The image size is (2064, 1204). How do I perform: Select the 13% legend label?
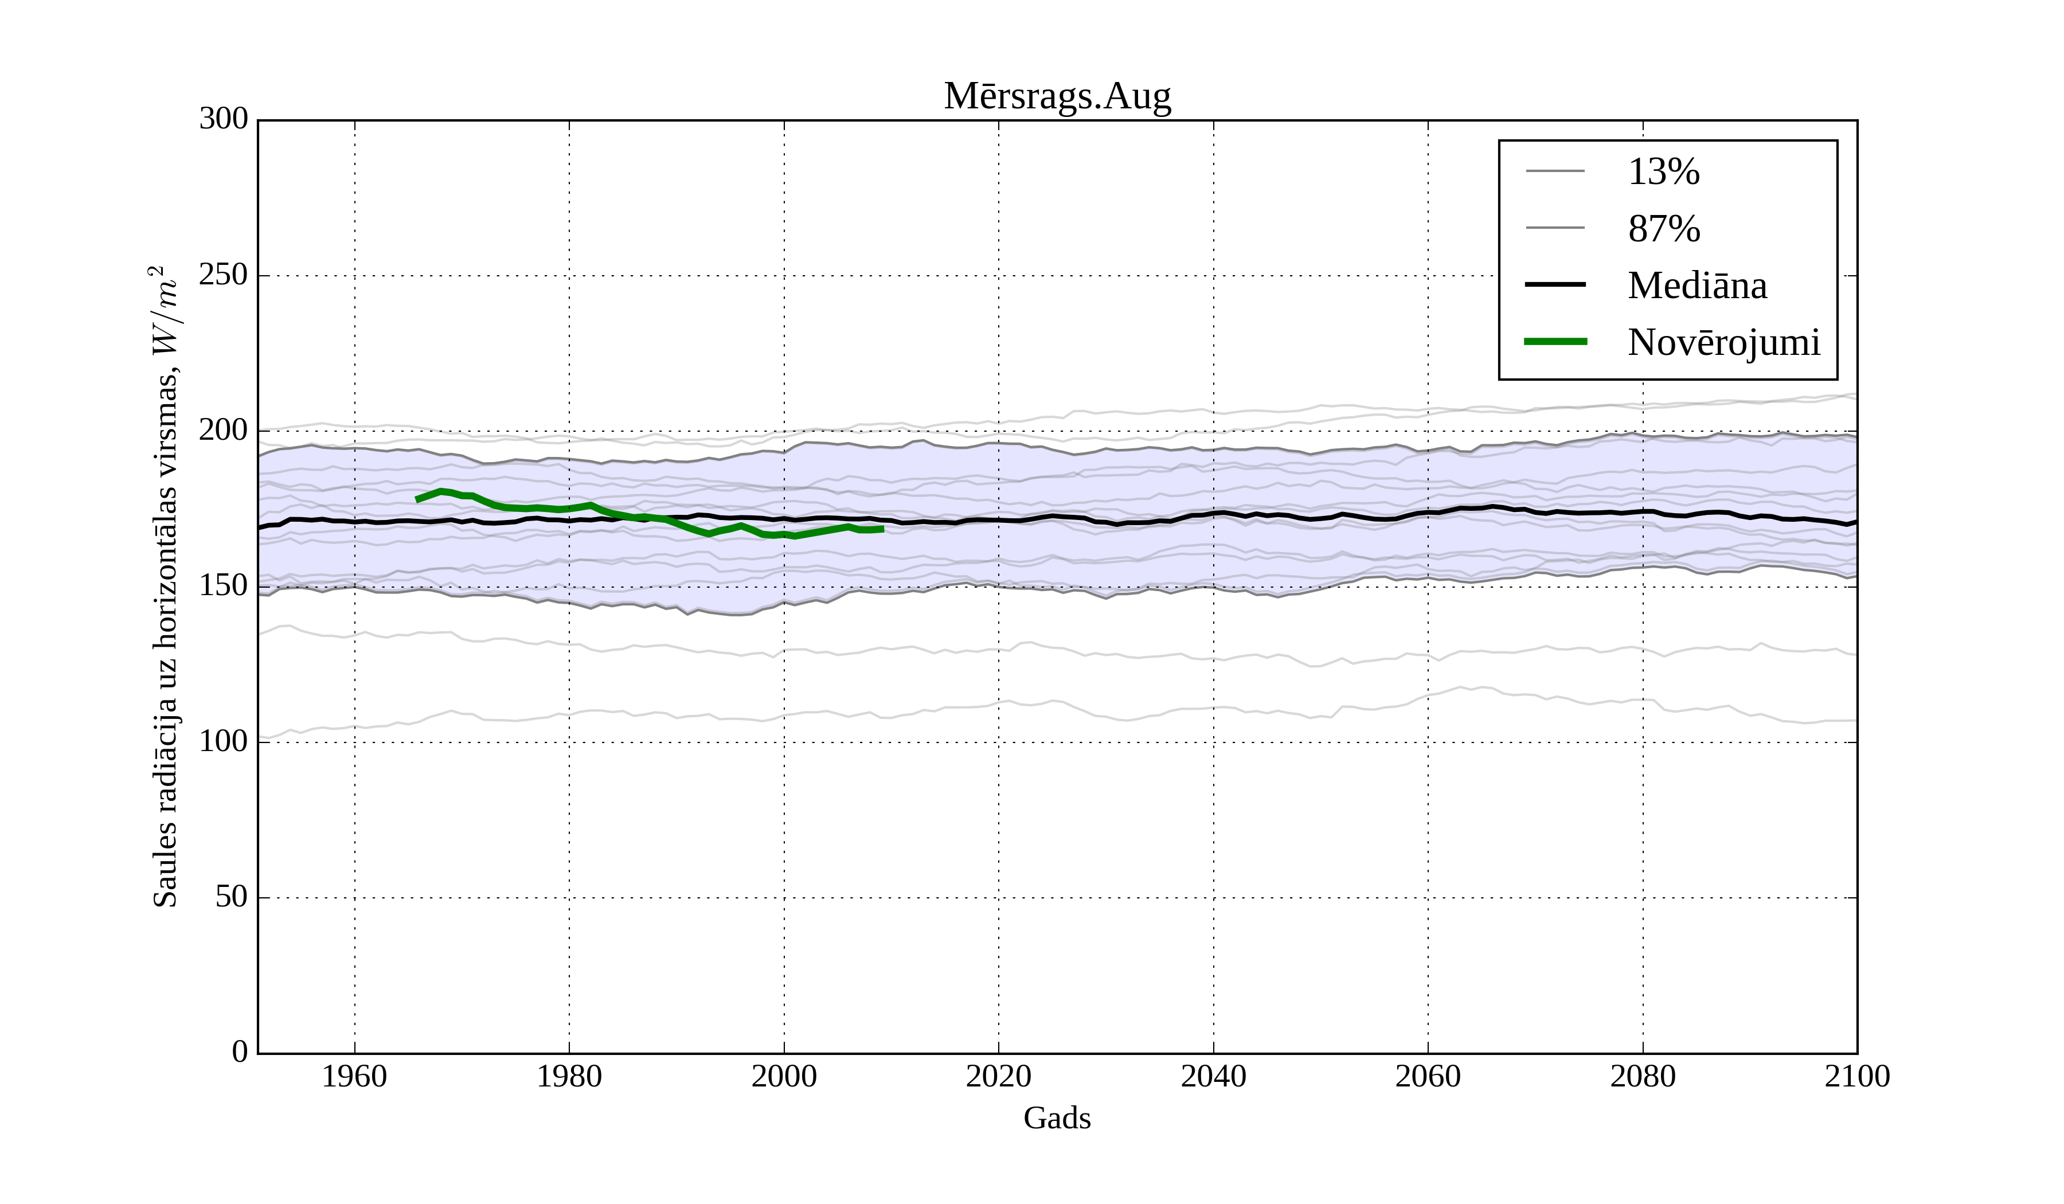pyautogui.click(x=1663, y=172)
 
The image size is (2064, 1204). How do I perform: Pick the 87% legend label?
pyautogui.click(x=1663, y=229)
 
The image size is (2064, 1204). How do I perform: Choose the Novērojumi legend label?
pyautogui.click(x=1723, y=342)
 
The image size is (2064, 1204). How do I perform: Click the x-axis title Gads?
pyautogui.click(x=1057, y=1118)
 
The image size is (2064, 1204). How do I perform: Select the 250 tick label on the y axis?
pyautogui.click(x=224, y=275)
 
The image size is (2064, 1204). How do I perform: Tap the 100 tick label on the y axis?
pyautogui.click(x=224, y=741)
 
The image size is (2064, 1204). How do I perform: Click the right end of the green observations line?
pyautogui.click(x=882, y=529)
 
